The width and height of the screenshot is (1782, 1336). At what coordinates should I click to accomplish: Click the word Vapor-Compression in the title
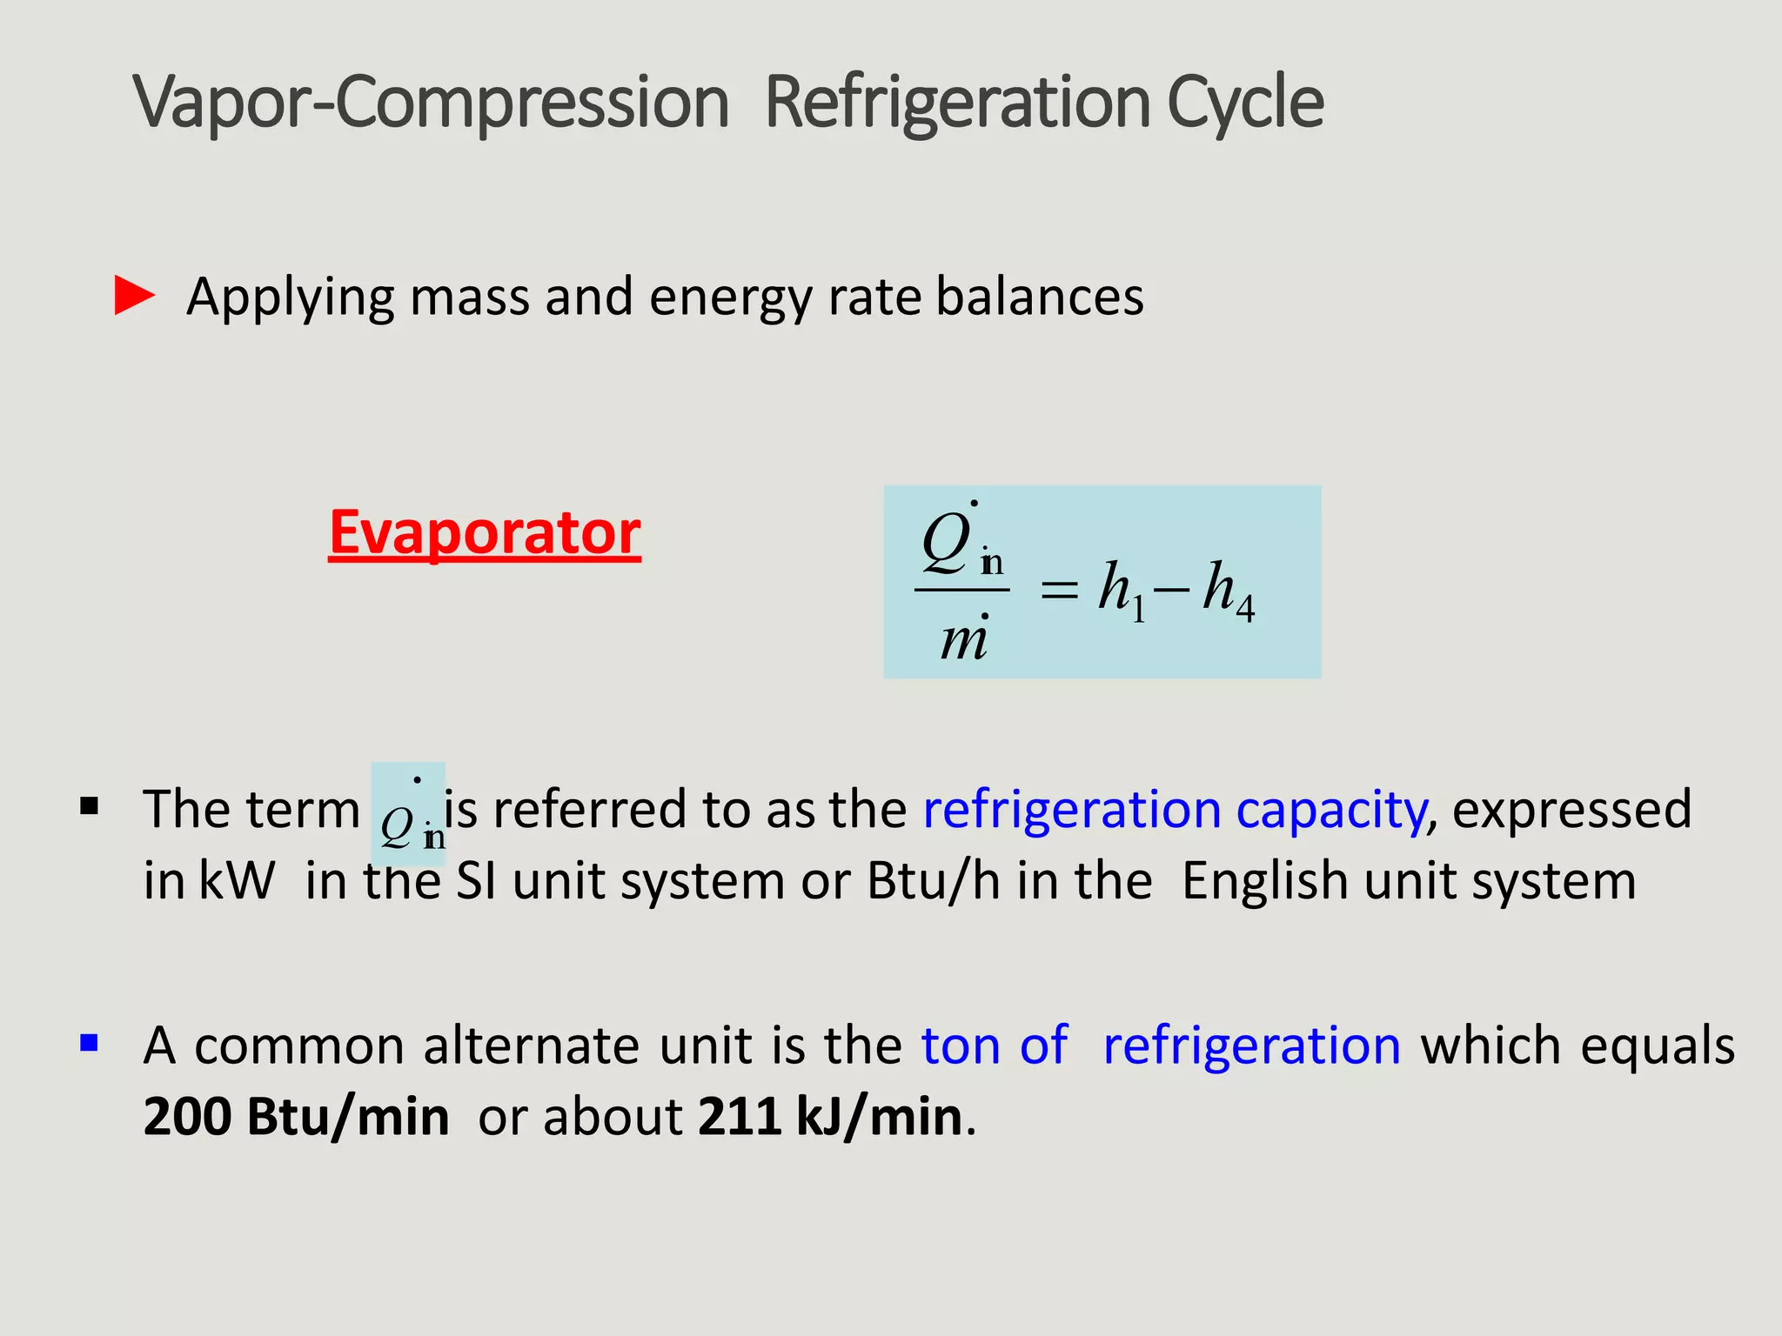pos(431,103)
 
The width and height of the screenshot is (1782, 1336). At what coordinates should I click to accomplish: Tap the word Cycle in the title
pos(1244,103)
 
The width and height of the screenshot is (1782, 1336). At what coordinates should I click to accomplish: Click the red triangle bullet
pos(134,296)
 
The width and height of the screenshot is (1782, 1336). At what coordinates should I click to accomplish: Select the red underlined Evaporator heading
pos(485,532)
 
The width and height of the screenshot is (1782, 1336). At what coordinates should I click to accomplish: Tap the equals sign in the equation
pos(1059,591)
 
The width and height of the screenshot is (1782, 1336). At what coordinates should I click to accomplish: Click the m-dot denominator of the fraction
pos(964,639)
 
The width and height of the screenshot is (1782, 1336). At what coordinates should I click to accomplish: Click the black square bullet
pos(89,807)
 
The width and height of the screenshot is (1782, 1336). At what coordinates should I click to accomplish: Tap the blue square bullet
pos(89,1042)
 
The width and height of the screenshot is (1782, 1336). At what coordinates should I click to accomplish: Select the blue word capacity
pos(1331,811)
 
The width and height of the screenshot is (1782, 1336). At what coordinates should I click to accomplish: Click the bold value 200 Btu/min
pos(296,1117)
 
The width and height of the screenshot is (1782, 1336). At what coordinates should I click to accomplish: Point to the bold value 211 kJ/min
pos(830,1117)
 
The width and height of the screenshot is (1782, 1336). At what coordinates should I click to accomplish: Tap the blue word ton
pos(961,1045)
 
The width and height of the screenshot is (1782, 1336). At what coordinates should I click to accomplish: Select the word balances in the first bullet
pos(1040,297)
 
